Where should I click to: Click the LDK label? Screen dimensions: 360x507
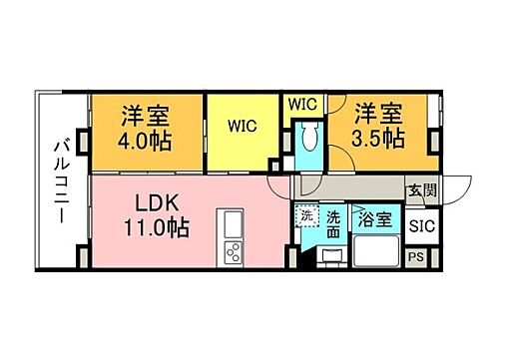pos(158,202)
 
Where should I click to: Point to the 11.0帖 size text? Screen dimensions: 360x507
pos(157,226)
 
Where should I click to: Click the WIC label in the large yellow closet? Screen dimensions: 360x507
pos(241,127)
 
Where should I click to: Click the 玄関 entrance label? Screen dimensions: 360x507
pos(418,187)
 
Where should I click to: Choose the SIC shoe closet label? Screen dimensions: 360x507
pos(421,225)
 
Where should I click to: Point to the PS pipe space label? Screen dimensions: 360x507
pos(420,257)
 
